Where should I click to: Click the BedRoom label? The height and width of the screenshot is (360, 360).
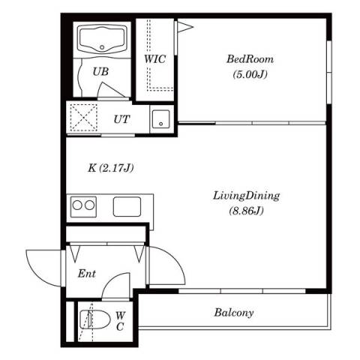tap(250, 59)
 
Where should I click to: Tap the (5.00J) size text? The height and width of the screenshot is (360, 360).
tap(250, 74)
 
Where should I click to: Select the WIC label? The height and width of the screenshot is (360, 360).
tap(155, 59)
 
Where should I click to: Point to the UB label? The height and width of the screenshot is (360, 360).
tap(100, 72)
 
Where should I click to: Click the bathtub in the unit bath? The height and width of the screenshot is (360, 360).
tap(102, 40)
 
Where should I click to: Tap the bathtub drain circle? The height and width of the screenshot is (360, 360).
tap(102, 47)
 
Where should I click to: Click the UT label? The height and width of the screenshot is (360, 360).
tap(122, 119)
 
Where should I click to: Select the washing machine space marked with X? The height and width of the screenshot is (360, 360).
tap(83, 118)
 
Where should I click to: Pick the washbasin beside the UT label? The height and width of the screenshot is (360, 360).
tap(161, 119)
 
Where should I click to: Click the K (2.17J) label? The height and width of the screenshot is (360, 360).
tap(110, 168)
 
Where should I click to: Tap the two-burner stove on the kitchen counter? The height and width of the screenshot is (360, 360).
tap(83, 206)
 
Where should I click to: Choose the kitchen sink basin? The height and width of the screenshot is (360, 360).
tap(127, 207)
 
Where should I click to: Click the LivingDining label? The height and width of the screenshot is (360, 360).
tap(246, 196)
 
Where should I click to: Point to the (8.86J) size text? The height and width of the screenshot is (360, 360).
tap(246, 211)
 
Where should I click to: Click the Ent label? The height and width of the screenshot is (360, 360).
tap(86, 274)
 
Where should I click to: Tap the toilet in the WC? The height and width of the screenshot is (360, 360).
tap(95, 319)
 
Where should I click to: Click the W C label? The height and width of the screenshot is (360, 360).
tap(120, 321)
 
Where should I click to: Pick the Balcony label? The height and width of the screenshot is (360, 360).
tap(234, 313)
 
